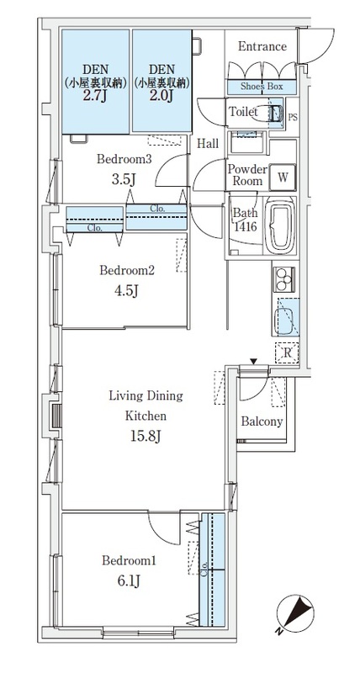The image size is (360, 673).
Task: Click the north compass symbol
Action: [295, 613]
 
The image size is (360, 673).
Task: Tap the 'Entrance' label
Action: [262, 46]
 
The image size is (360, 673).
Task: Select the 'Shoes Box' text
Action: [262, 87]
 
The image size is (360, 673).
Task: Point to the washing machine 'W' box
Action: [283, 178]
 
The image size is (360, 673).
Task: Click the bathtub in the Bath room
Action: [280, 225]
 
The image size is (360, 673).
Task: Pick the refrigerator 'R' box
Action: [288, 353]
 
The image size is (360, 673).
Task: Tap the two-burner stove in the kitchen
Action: [284, 279]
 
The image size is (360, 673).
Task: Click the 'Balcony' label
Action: [262, 421]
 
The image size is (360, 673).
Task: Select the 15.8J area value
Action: [146, 437]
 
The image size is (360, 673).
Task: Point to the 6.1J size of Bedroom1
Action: [129, 581]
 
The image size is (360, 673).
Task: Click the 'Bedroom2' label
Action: [126, 271]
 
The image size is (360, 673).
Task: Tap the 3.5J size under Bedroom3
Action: [124, 179]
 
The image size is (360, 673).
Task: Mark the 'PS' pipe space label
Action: [292, 117]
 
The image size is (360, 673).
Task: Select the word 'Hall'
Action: [208, 144]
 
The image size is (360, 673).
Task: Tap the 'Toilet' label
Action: [243, 112]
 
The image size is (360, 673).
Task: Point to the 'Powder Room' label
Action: [247, 175]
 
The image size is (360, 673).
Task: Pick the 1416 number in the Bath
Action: [246, 226]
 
